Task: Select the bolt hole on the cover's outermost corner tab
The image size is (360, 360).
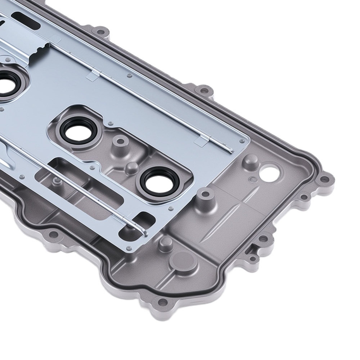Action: click(x=324, y=179)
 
